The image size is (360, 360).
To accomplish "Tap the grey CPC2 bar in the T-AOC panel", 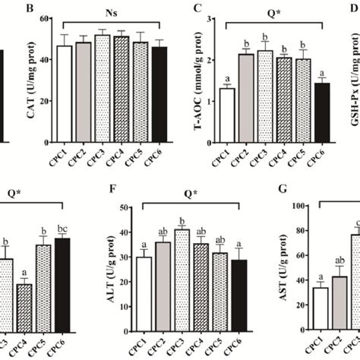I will (x=245, y=98).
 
